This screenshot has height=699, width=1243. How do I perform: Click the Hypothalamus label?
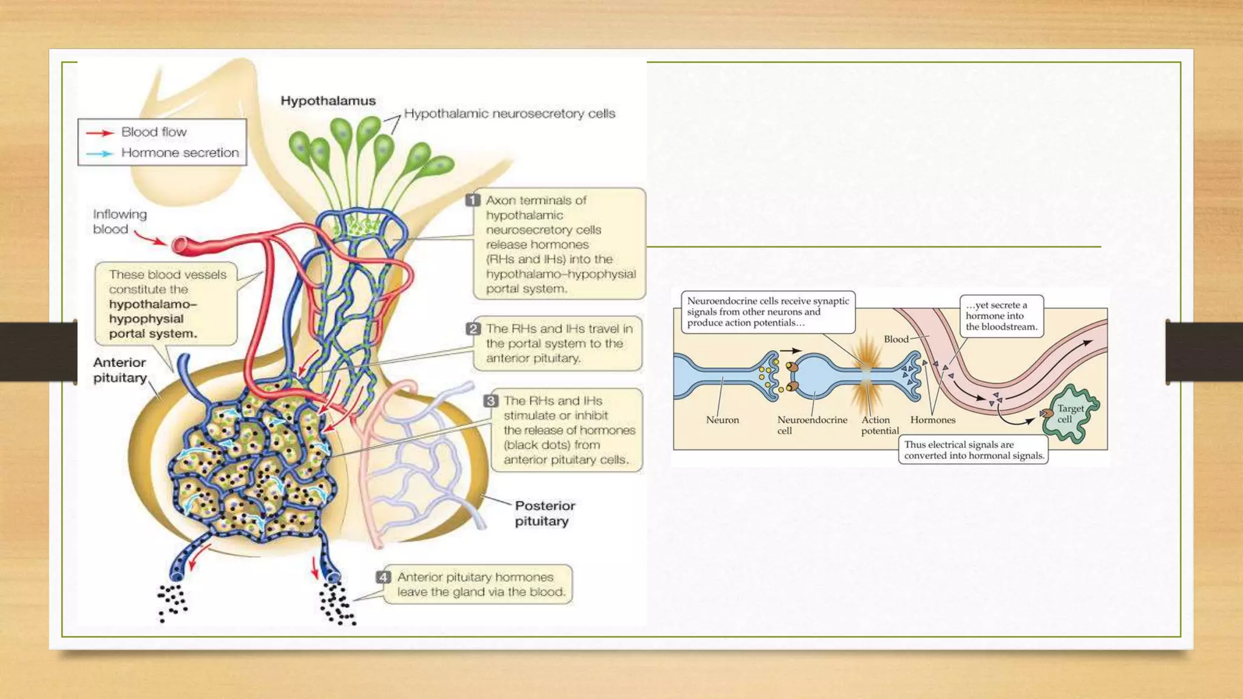point(328,101)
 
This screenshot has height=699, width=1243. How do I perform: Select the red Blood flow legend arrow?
point(100,132)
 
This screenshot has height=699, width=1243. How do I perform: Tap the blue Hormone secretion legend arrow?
point(100,154)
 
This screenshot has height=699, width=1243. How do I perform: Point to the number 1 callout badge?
point(473,200)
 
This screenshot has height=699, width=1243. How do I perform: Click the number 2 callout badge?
point(473,329)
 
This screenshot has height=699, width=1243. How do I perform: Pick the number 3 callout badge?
point(490,401)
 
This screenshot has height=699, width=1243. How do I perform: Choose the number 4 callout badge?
point(383,577)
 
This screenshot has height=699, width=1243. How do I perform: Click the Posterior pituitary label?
point(544,513)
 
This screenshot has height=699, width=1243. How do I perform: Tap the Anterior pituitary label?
point(120,370)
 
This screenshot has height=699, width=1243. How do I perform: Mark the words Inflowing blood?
point(120,221)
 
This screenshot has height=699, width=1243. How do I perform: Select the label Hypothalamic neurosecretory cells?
point(509,113)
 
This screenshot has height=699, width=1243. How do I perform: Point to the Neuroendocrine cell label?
point(811,425)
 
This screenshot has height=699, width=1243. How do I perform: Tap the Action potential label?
point(879,425)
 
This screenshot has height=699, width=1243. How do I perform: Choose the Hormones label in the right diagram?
point(932,420)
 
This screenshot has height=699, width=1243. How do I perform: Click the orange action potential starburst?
point(866,369)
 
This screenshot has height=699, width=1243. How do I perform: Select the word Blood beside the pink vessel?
point(896,339)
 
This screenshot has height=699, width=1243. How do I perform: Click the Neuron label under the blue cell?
point(722,420)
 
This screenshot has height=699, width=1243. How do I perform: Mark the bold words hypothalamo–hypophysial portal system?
point(153,319)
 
